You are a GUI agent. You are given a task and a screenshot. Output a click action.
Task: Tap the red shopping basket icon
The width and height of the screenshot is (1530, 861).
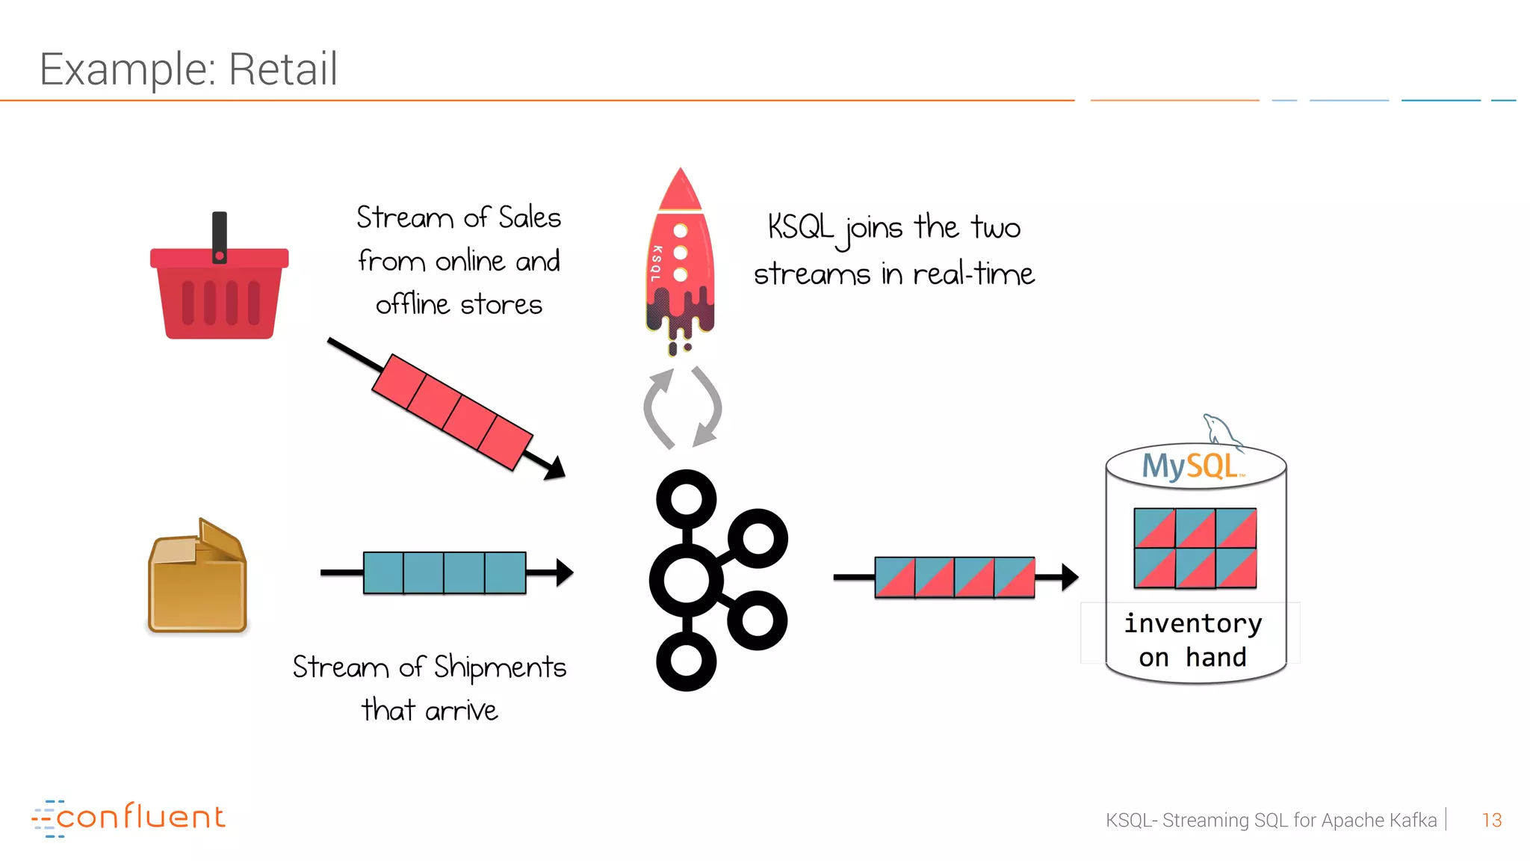[219, 295]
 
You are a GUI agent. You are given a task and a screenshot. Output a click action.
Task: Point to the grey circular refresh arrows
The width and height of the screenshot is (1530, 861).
[682, 408]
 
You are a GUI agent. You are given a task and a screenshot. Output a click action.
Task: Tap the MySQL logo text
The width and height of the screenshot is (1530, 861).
[1192, 466]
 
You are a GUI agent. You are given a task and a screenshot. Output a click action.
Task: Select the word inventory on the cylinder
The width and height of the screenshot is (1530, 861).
[1193, 623]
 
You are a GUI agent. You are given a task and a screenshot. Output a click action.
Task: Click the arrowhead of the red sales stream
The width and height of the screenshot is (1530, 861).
[556, 469]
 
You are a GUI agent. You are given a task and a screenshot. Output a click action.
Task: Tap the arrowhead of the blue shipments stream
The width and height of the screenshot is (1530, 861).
[565, 573]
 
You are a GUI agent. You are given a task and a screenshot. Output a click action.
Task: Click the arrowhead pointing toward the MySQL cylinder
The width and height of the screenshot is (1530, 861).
[1070, 576]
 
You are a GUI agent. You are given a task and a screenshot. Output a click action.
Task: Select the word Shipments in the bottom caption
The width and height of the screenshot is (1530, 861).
[500, 667]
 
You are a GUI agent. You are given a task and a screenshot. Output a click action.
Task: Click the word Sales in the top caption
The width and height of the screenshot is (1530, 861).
[530, 217]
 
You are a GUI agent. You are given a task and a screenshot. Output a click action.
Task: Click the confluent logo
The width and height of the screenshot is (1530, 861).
[128, 818]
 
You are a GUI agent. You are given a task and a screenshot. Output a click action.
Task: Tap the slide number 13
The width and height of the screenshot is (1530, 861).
[1491, 820]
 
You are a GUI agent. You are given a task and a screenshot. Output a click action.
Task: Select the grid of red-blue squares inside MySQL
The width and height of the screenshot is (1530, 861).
[1195, 548]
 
